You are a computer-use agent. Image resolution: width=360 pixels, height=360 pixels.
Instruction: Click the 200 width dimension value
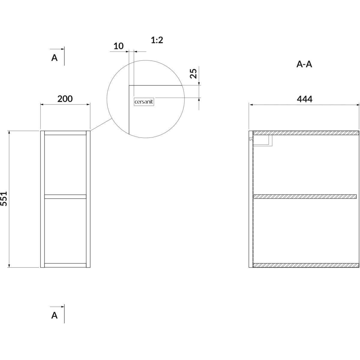(x=65, y=99)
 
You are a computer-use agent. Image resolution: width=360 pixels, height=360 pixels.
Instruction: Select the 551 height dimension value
(x=4, y=199)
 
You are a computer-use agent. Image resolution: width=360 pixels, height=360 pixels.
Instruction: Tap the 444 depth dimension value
(x=304, y=99)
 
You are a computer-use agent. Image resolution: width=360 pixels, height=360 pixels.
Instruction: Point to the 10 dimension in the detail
(x=118, y=46)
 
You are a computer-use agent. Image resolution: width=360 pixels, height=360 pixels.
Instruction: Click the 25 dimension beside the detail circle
(x=193, y=73)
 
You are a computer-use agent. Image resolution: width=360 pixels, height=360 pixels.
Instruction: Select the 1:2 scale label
(x=157, y=40)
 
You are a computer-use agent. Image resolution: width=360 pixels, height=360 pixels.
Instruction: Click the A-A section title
(x=304, y=64)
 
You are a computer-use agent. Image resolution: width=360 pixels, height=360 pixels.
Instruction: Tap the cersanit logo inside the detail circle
(x=144, y=102)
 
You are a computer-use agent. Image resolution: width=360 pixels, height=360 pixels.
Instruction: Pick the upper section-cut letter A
(x=54, y=58)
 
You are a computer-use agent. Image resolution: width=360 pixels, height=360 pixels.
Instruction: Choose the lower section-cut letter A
(x=54, y=315)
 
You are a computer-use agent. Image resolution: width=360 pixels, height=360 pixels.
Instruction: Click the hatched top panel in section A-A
(x=306, y=133)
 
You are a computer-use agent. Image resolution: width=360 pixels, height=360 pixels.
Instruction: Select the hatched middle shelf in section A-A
(x=305, y=196)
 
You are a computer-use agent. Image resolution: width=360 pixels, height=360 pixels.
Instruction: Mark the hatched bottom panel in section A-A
(x=306, y=265)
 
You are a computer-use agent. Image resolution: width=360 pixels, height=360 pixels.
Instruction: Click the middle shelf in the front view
(x=65, y=196)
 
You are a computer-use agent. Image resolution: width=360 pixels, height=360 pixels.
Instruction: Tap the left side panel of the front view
(x=42, y=199)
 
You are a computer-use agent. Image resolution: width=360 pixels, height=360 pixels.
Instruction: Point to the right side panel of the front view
(x=88, y=199)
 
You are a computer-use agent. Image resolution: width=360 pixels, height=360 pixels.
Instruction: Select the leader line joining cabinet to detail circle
(x=101, y=124)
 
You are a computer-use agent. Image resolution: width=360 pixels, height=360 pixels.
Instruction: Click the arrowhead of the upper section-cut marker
(x=62, y=49)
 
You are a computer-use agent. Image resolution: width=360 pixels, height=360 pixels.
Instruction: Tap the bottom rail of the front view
(x=65, y=265)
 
